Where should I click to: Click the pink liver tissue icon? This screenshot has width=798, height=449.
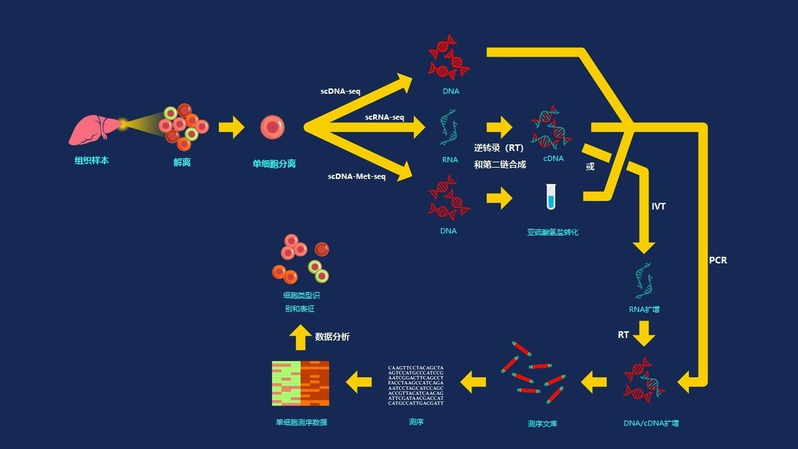click(x=96, y=129)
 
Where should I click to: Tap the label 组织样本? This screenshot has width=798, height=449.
click(x=92, y=160)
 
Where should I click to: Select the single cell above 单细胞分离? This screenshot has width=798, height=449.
click(x=273, y=127)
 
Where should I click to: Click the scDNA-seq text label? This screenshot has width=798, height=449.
click(x=340, y=90)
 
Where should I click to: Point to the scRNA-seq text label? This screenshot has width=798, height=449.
click(x=384, y=117)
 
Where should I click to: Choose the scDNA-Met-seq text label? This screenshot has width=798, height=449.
click(x=356, y=176)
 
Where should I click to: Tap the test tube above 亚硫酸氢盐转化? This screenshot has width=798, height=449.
click(x=551, y=198)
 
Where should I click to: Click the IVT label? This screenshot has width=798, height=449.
click(x=658, y=206)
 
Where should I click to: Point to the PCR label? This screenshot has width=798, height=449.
click(x=718, y=260)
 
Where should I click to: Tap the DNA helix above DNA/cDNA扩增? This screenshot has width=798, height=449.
click(x=642, y=381)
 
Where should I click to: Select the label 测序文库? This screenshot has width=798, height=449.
click(x=543, y=424)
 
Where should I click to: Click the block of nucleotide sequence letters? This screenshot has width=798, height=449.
click(x=416, y=385)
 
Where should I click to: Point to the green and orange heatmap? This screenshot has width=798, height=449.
click(x=301, y=383)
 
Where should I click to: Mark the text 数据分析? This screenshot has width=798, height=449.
click(x=332, y=337)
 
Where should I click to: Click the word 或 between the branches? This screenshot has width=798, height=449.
click(x=590, y=166)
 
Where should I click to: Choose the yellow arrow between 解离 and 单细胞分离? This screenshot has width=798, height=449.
click(x=231, y=126)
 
